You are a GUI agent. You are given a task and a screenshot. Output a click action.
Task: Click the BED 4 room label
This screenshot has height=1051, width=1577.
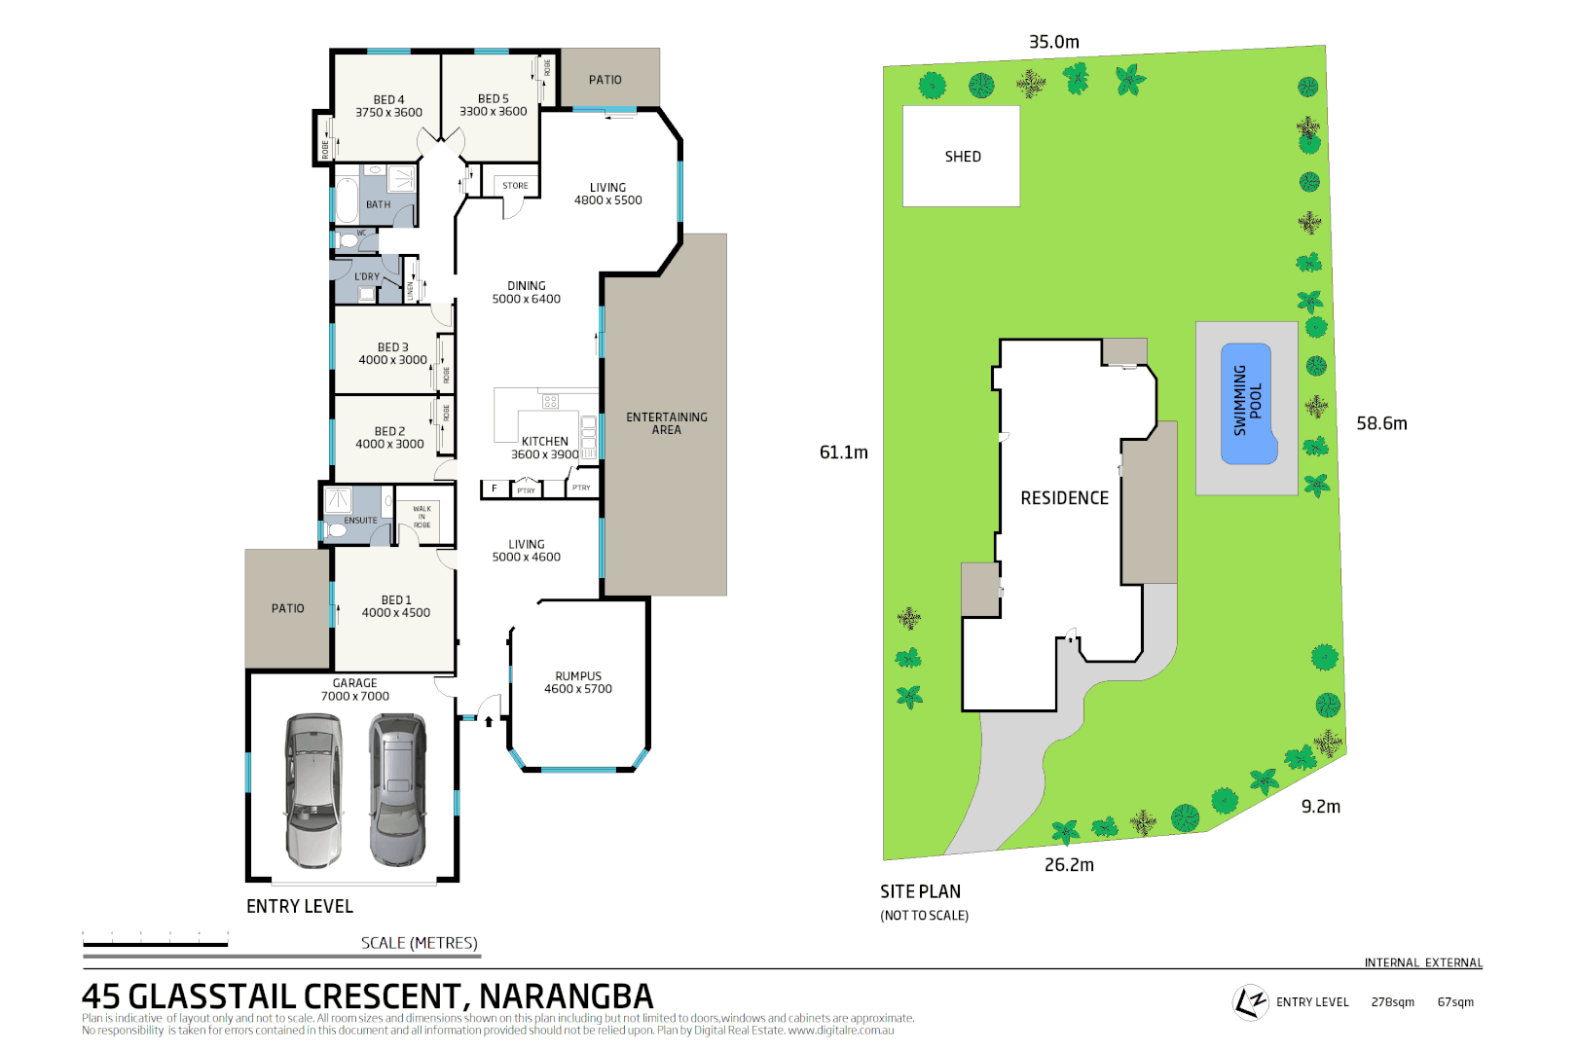click(388, 99)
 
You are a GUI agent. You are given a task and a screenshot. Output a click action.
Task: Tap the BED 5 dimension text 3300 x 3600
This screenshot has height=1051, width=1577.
click(494, 112)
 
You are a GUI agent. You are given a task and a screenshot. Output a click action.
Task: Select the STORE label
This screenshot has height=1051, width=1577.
click(515, 186)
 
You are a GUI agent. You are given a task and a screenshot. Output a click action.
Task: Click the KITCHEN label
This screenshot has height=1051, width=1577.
click(544, 441)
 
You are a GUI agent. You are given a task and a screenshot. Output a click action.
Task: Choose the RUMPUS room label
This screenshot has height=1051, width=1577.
click(578, 676)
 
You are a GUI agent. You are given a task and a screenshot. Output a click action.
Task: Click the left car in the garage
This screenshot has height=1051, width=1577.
click(313, 790)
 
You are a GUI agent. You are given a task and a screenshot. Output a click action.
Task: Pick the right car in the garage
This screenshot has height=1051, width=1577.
click(398, 790)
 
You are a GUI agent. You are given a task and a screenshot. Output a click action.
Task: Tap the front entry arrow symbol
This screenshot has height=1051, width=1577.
click(489, 721)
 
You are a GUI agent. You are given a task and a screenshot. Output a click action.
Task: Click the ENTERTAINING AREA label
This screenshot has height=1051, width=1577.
click(667, 423)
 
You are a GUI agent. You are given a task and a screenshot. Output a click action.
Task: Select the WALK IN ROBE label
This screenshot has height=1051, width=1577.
click(422, 517)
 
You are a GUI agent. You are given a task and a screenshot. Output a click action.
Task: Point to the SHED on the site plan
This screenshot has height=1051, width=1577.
click(962, 157)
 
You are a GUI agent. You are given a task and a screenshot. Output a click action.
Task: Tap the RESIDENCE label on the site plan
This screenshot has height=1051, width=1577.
click(1064, 498)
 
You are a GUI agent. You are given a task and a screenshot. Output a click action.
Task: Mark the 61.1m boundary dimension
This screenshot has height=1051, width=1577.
click(843, 453)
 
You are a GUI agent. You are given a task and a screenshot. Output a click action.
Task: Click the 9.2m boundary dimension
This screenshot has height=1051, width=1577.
click(1320, 807)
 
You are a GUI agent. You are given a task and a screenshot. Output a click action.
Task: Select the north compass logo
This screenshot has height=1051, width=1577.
click(1250, 1001)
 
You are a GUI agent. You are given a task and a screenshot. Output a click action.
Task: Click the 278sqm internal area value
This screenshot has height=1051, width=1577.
click(1392, 1002)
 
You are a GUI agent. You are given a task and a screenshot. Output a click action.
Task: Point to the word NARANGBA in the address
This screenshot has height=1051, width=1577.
click(566, 997)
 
